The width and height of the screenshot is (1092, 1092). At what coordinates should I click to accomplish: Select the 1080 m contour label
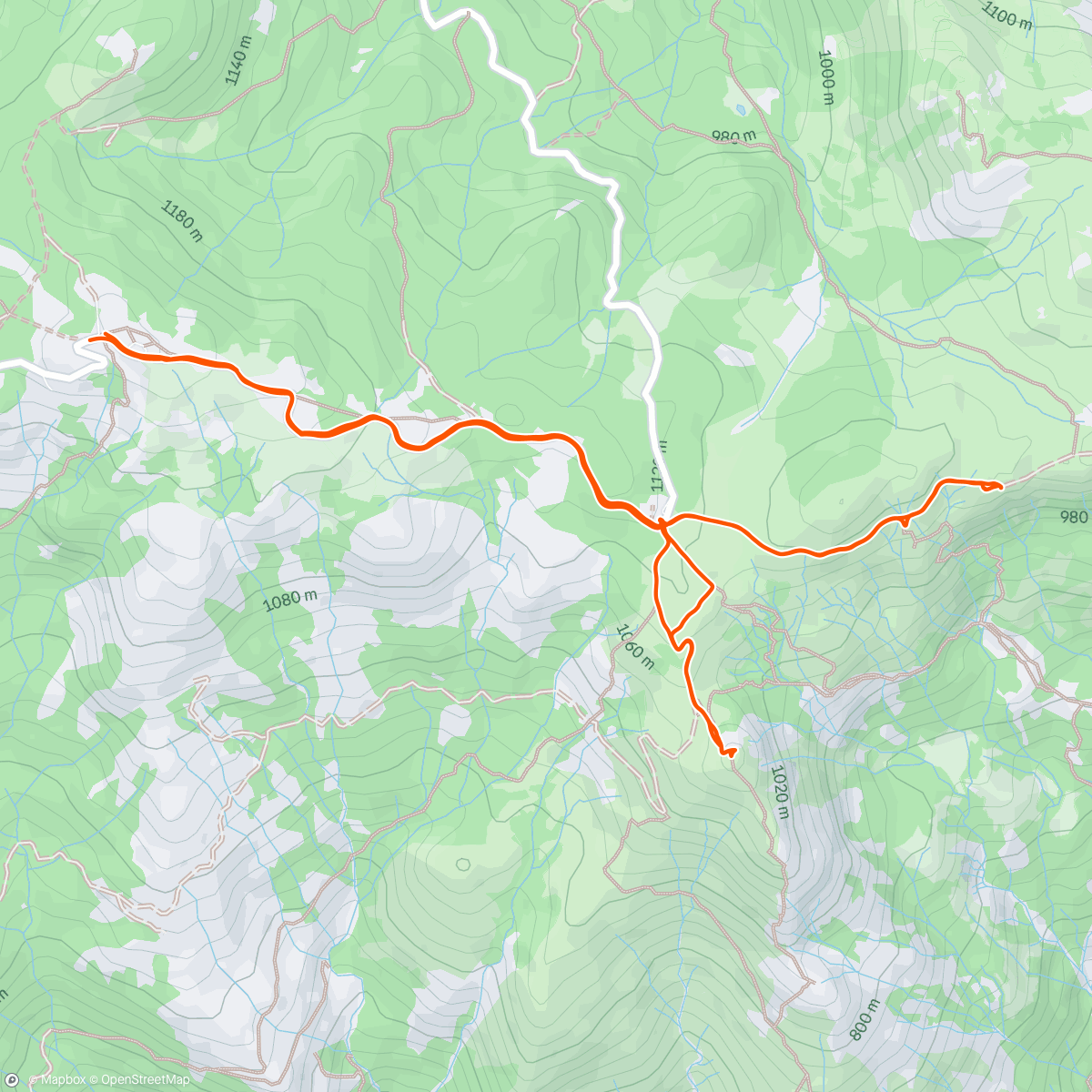tap(289, 601)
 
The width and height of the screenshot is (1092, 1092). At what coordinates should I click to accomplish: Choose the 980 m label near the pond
tap(733, 136)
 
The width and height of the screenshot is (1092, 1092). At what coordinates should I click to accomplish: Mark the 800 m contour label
tap(864, 1019)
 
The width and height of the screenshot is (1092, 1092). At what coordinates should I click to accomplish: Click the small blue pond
tap(743, 110)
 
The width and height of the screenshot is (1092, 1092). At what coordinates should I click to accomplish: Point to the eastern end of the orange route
tap(1000, 487)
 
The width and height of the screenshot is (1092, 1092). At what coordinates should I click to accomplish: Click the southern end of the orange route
tap(728, 753)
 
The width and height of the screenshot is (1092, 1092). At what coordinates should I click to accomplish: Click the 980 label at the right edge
tap(1074, 517)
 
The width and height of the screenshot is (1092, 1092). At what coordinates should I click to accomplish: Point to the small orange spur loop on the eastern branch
tap(905, 521)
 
